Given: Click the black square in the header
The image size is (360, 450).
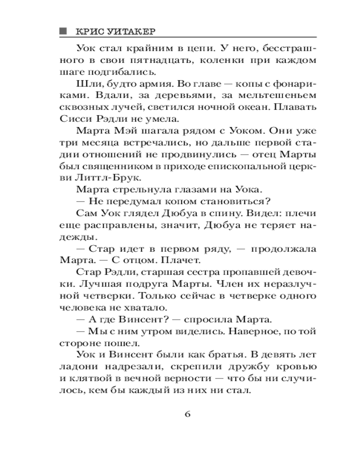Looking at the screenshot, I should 63,31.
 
